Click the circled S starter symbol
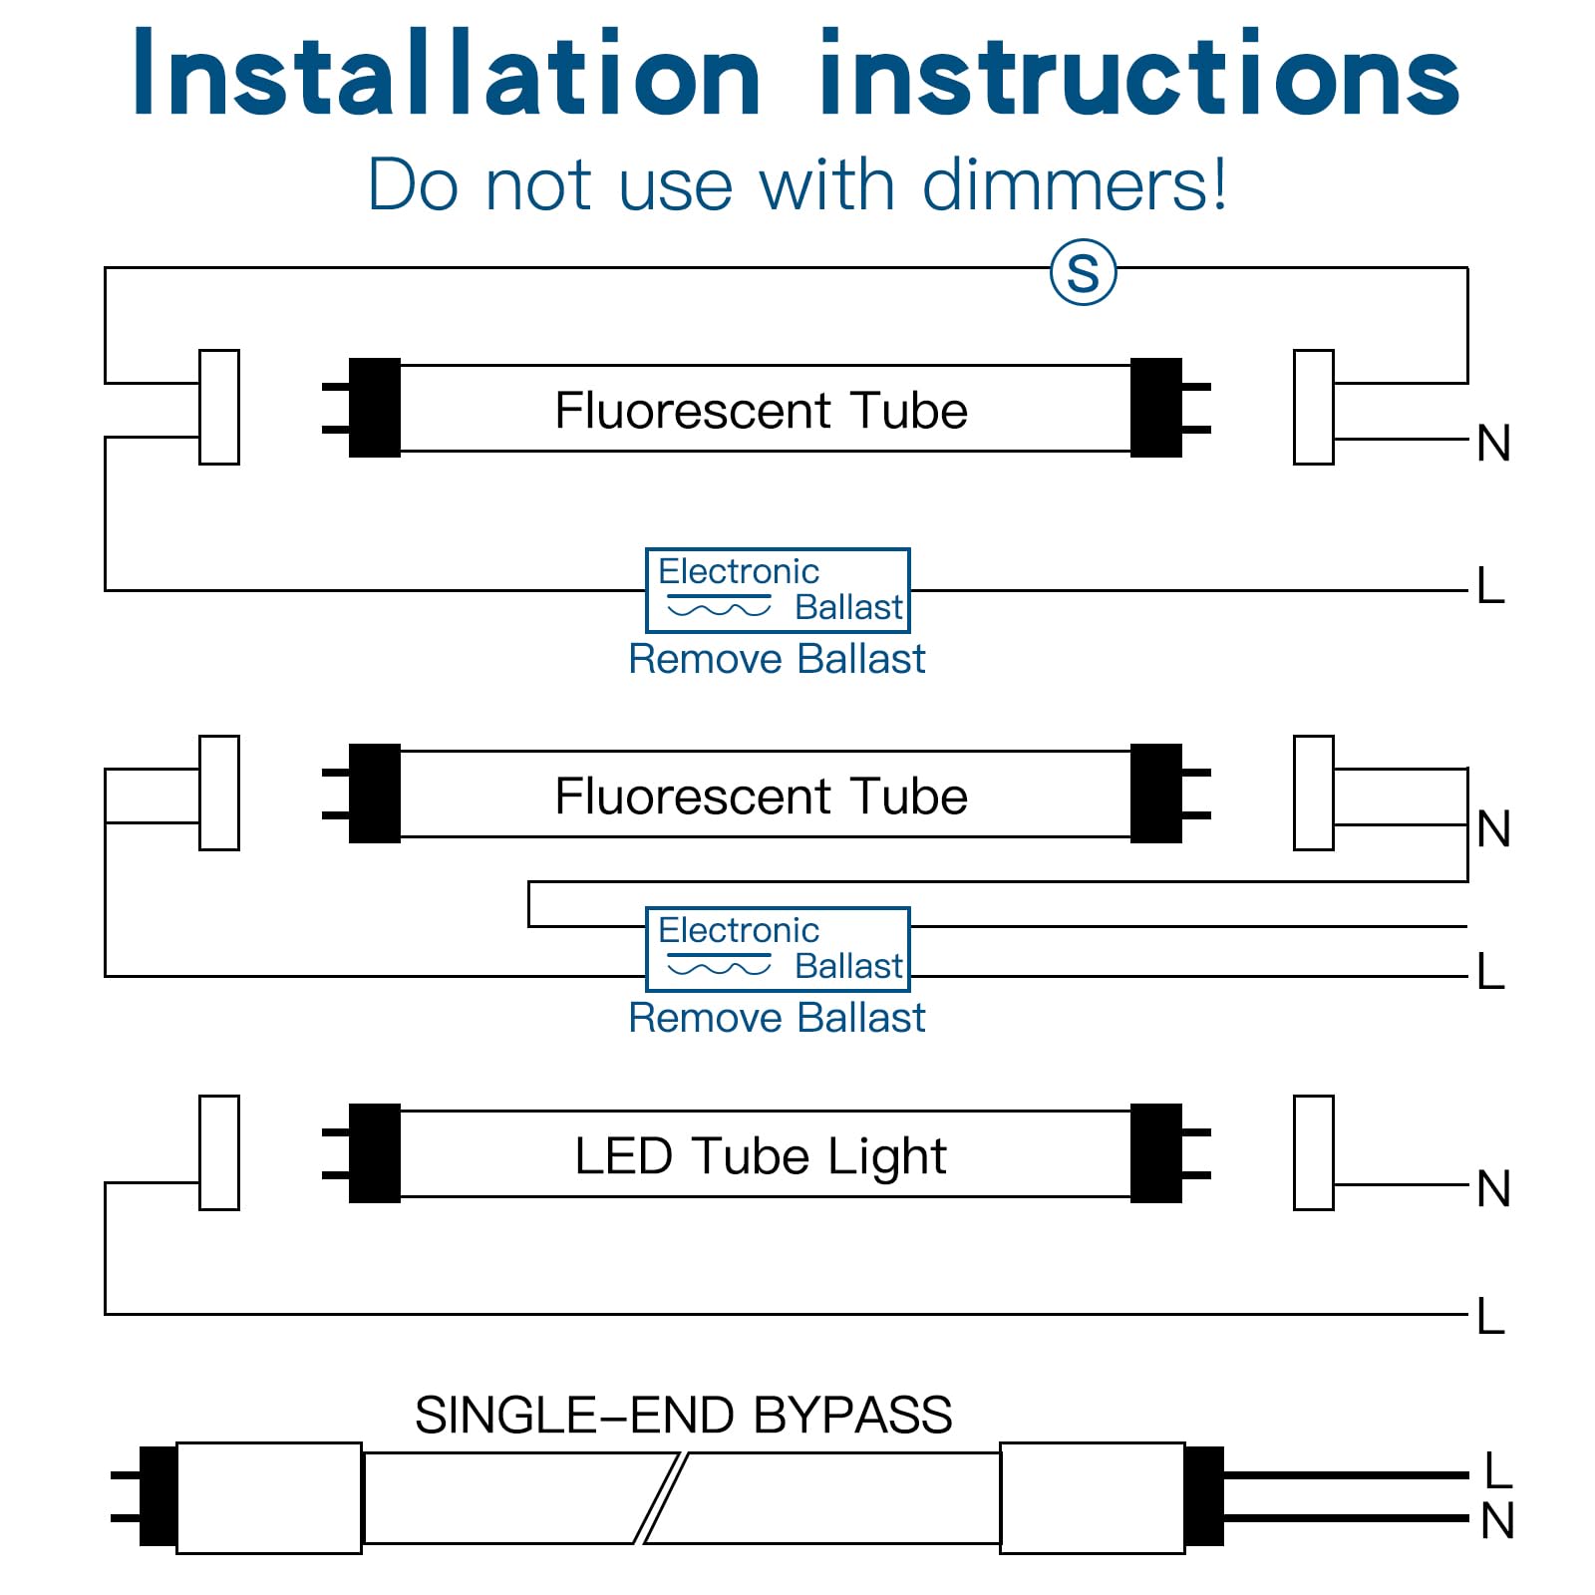pos(1084,272)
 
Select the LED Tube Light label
pos(761,1156)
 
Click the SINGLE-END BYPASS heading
pos(684,1415)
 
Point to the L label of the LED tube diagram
pos(1490,1316)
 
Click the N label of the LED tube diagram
pos(1493,1188)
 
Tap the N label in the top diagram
pos(1493,443)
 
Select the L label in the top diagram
pos(1490,585)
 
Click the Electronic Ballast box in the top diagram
pos(778,590)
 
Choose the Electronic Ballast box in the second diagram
pos(778,949)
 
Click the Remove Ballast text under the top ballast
pos(777,659)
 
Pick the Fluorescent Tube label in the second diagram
pos(762,797)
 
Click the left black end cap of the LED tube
pos(374,1153)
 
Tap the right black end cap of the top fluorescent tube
pos(1156,408)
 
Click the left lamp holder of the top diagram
pos(219,407)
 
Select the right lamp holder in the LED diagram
pos(1314,1152)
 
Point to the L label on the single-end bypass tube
pos(1498,1470)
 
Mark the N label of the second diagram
pos(1493,828)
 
